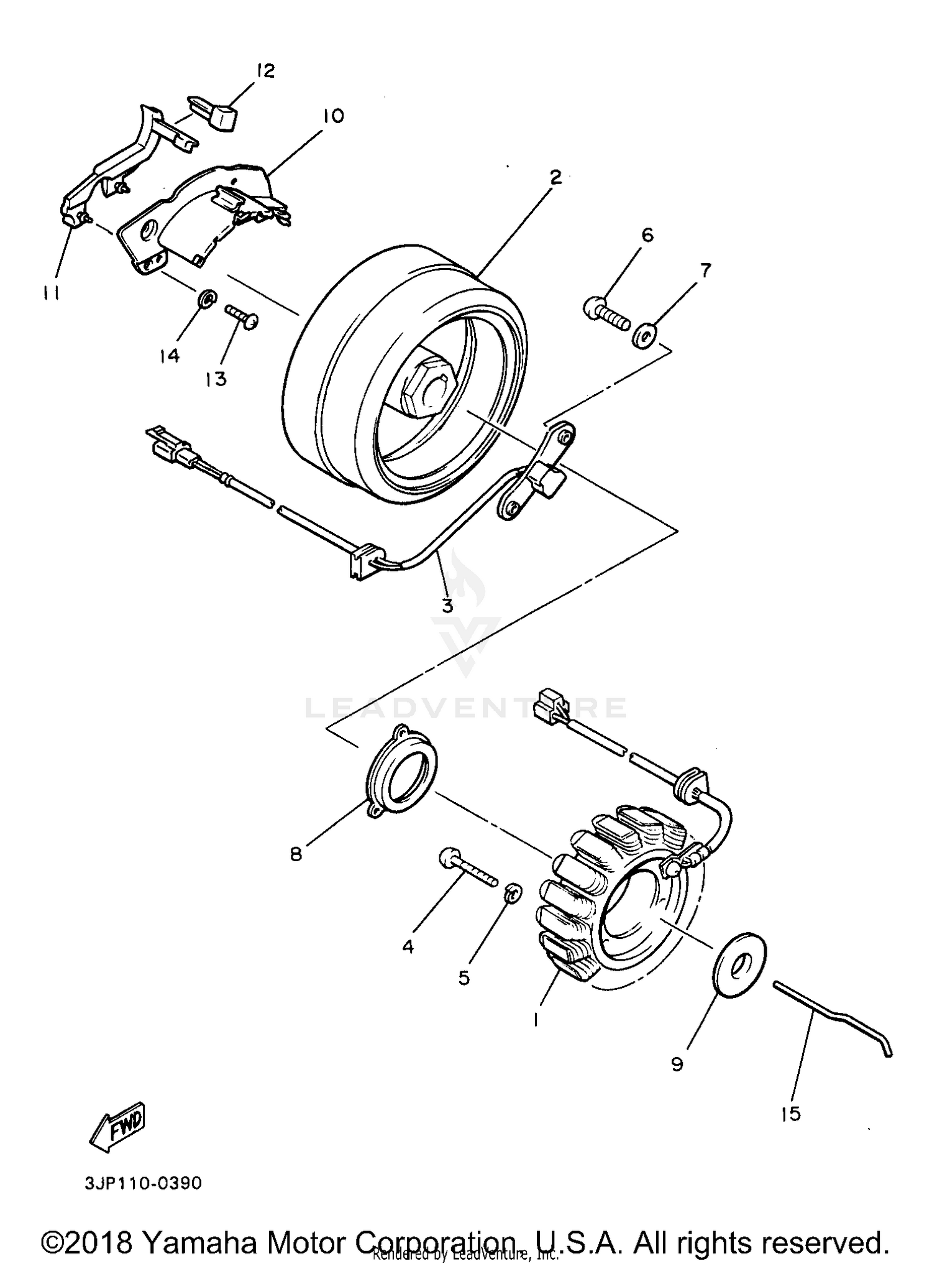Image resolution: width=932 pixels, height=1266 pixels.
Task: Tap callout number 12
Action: coord(265,70)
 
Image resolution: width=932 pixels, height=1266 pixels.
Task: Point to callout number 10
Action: coord(333,116)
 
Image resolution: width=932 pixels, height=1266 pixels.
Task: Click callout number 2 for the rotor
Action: coord(555,177)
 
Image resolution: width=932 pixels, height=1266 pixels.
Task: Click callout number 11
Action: coord(52,293)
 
